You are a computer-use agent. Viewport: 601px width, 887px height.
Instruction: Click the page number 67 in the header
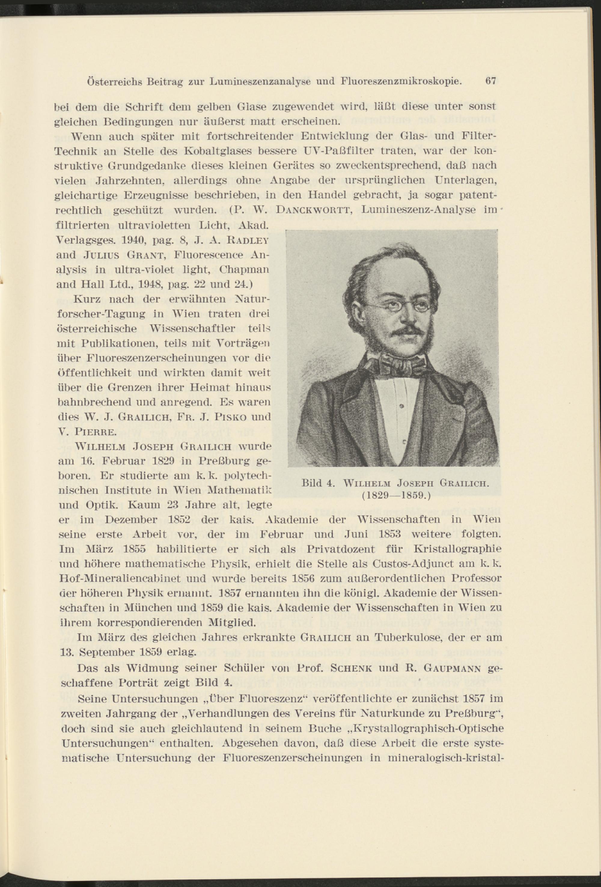(490, 81)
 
